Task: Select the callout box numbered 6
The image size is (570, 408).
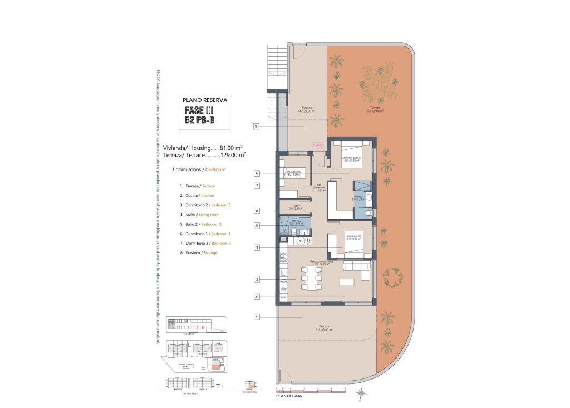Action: (x=257, y=173)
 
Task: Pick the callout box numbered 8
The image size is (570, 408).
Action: (x=257, y=211)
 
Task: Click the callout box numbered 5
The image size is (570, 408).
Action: (x=257, y=226)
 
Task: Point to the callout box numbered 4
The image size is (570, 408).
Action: (x=257, y=297)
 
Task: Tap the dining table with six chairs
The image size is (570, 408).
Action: (x=311, y=278)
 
